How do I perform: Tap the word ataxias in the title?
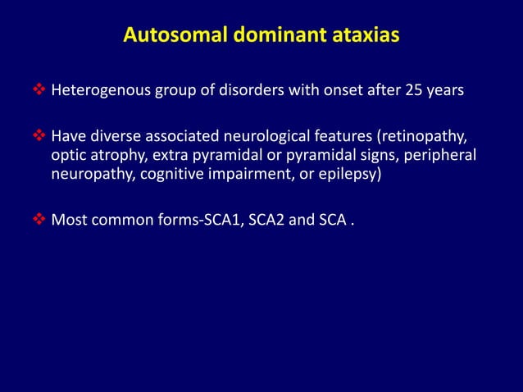coord(363,37)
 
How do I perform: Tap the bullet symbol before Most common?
coord(43,221)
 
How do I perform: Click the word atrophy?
coord(118,156)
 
